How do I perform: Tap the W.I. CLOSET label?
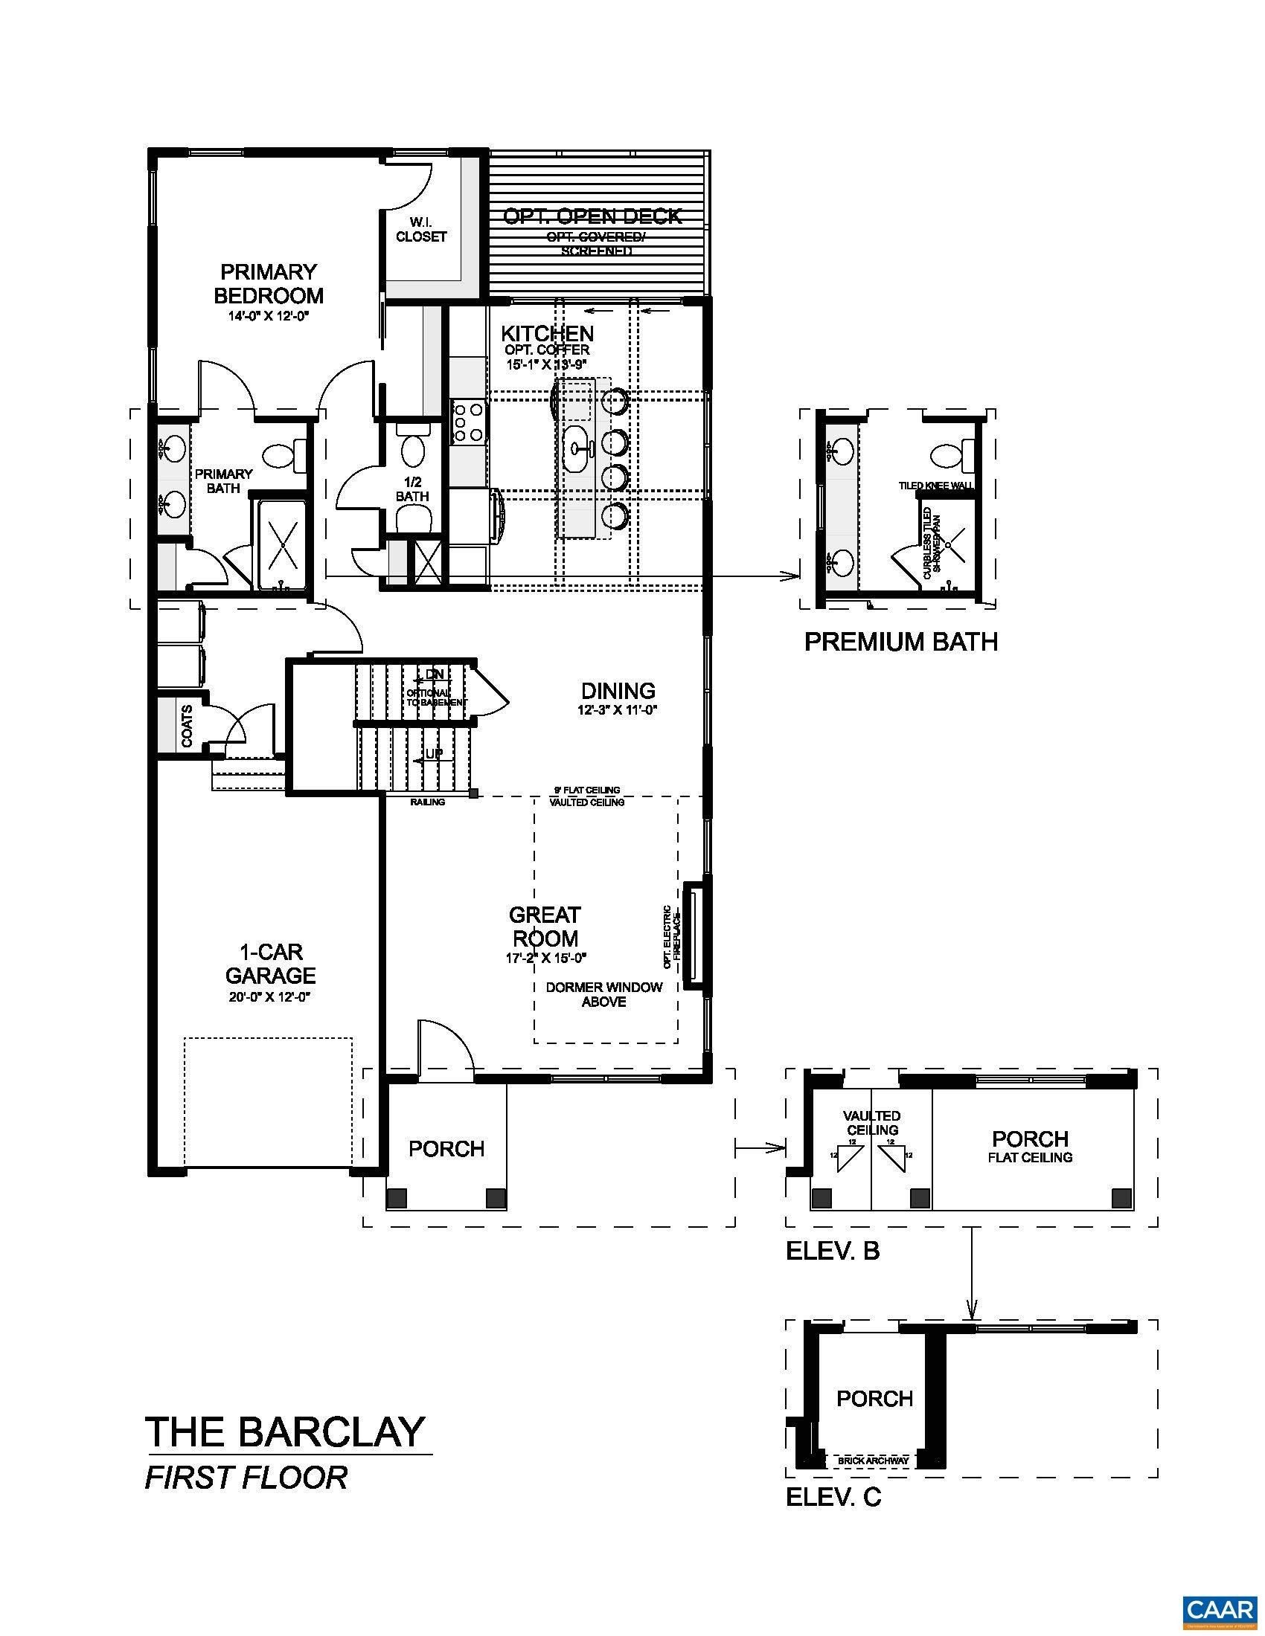click(421, 229)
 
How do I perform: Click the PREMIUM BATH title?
click(901, 642)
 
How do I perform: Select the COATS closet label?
click(186, 726)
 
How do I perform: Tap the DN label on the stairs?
click(434, 674)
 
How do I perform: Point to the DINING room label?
click(618, 691)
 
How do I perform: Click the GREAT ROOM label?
click(544, 927)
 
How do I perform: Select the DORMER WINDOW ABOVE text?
click(604, 994)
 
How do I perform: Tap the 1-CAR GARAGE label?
click(271, 963)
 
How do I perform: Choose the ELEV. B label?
click(832, 1251)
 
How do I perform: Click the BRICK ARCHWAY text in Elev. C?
click(874, 1461)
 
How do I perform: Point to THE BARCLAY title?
click(285, 1431)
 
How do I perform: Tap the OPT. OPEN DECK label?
click(592, 216)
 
